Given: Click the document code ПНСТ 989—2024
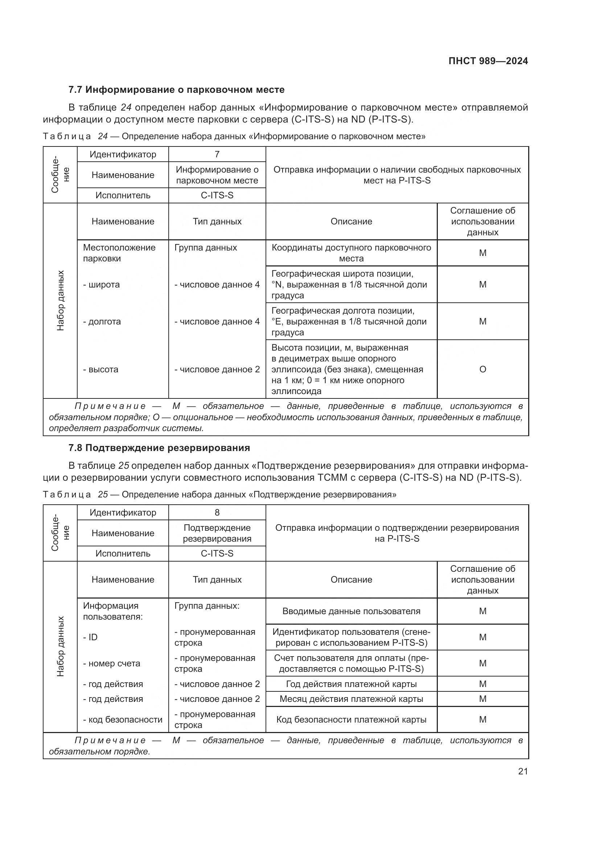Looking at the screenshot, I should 488,61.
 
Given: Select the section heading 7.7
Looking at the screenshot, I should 176,90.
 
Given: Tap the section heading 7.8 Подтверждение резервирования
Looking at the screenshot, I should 159,448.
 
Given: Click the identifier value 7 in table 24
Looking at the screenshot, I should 217,154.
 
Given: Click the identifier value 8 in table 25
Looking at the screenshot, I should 217,512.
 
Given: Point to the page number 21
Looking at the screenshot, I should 523,771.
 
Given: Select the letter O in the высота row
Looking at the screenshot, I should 482,369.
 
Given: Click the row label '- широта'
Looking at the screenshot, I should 102,284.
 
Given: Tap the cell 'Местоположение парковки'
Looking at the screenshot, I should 119,253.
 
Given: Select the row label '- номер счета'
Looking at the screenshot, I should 112,663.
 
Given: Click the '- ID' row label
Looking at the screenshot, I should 91,637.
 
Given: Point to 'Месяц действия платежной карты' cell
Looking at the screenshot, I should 351,699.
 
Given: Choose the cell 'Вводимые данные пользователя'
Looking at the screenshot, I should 351,611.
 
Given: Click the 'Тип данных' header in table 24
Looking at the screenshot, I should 217,222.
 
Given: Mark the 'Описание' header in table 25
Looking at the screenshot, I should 351,579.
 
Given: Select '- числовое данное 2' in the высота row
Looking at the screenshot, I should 217,369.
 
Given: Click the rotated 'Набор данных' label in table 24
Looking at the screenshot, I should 61,300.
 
